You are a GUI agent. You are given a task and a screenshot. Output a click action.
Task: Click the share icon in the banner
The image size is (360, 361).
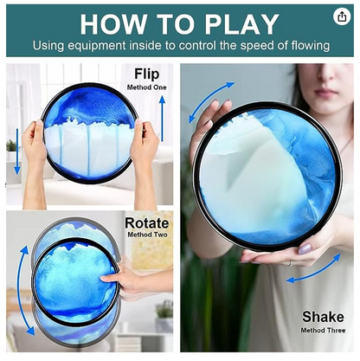pyautogui.click(x=342, y=16)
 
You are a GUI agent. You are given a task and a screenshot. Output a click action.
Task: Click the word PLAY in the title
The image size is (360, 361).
pyautogui.click(x=241, y=24)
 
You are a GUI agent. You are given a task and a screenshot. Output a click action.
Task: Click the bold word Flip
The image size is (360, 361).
pyautogui.click(x=147, y=74)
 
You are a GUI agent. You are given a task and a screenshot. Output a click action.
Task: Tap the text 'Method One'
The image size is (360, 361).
pyautogui.click(x=147, y=87)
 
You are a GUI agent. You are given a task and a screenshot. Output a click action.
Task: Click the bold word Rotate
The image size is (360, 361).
pyautogui.click(x=147, y=223)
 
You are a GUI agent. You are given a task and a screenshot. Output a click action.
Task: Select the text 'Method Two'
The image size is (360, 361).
pyautogui.click(x=147, y=235)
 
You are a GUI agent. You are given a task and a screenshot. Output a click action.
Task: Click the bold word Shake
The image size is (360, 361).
pyautogui.click(x=323, y=317)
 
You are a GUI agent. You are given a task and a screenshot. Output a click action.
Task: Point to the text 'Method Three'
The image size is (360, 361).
pyautogui.click(x=323, y=330)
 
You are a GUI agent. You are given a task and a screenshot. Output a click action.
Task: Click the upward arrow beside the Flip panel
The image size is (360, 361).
pyautogui.click(x=163, y=119)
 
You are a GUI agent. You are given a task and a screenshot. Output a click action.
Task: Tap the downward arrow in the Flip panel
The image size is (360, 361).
pyautogui.click(x=17, y=151)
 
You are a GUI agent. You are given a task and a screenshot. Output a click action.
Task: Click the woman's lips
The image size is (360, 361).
pyautogui.click(x=326, y=93)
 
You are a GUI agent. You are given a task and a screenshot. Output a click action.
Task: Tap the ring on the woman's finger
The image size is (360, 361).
pyautogui.click(x=291, y=263)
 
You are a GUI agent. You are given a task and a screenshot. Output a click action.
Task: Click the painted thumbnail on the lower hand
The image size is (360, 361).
pyautogui.click(x=305, y=248)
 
